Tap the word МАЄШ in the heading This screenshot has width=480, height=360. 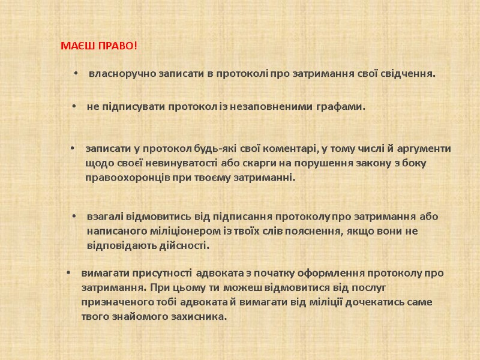point(76,46)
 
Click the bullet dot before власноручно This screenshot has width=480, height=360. point(76,74)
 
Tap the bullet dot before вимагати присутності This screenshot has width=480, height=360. point(69,273)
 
